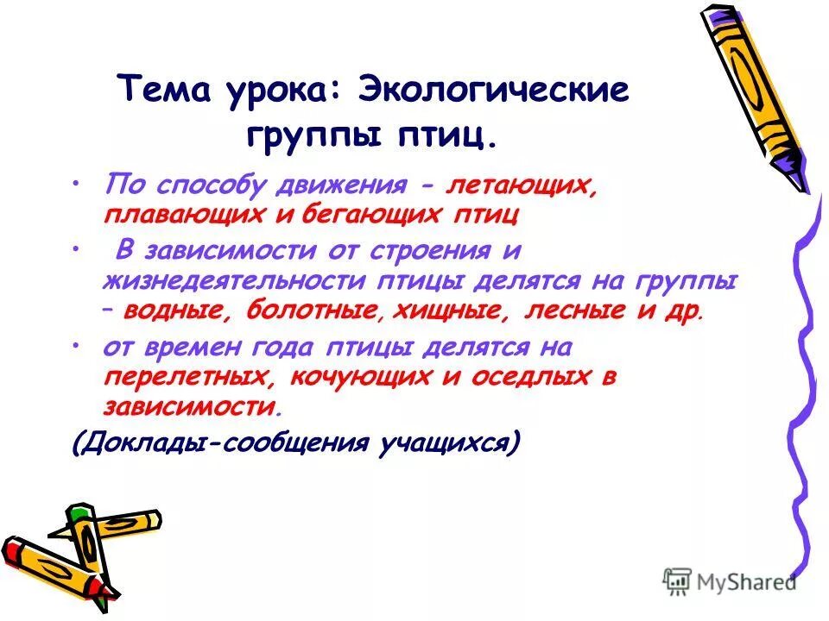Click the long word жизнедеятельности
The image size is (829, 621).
coord(233,282)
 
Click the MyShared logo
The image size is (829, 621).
coord(731,580)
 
